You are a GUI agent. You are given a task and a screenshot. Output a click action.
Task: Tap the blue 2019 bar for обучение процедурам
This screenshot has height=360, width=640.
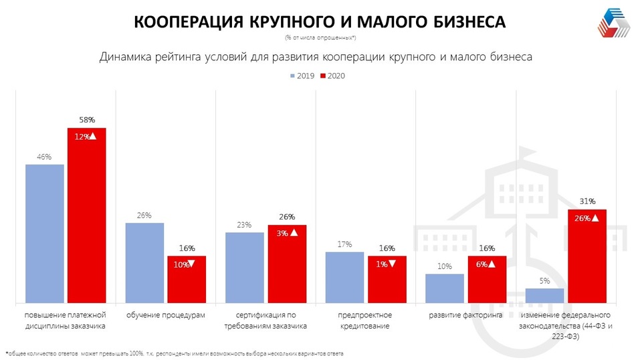(x=144, y=262)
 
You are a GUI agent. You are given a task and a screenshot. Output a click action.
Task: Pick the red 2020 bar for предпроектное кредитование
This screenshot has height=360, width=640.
(x=387, y=279)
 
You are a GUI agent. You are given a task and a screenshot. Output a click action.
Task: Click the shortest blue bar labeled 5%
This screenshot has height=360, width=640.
(x=544, y=295)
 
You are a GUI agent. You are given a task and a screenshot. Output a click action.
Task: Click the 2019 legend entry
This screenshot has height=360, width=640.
(x=304, y=76)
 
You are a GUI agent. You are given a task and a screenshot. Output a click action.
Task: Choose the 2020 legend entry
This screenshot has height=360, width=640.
(x=334, y=76)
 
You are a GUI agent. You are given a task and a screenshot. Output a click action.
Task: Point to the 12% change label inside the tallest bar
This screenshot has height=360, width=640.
(x=86, y=136)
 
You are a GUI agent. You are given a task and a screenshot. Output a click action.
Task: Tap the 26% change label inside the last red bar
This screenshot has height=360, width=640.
(x=585, y=218)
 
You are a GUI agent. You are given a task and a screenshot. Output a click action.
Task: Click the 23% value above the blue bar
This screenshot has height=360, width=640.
(x=243, y=225)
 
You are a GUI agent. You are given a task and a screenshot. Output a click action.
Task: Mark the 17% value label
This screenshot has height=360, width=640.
(x=344, y=244)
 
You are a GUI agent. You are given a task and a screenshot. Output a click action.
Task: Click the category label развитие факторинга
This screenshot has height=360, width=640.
(x=465, y=314)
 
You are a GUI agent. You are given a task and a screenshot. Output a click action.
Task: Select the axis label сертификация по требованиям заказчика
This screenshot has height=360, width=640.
(x=265, y=321)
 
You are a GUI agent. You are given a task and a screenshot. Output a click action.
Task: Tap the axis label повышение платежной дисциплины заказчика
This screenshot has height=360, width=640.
(x=65, y=321)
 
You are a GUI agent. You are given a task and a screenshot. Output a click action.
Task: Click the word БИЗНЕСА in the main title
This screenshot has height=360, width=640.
(x=463, y=22)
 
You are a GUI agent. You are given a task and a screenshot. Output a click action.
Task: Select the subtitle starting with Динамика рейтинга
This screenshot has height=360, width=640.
(x=316, y=57)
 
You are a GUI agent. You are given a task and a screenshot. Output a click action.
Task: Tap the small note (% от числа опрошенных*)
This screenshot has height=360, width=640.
(x=320, y=37)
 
